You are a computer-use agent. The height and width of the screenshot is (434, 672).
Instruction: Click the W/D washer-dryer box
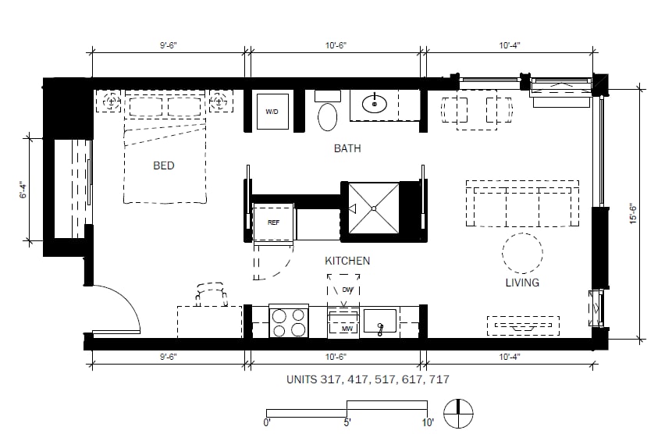pos(272,112)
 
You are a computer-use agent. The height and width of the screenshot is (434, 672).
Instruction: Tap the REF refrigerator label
pos(273,222)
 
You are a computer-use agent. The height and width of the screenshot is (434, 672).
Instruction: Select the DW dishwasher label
pos(347,290)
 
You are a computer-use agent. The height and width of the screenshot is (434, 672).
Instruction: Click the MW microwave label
pos(347,329)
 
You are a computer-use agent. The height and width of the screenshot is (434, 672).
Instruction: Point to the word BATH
pos(347,148)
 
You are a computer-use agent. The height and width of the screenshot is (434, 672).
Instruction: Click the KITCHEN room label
pos(347,261)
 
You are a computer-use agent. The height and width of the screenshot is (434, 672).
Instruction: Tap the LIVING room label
pos(522,283)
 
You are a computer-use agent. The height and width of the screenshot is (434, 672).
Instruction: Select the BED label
pos(164,165)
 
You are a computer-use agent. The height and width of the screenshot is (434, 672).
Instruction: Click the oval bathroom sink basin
pos(375,104)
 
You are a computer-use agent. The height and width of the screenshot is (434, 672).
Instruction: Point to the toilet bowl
pos(328,116)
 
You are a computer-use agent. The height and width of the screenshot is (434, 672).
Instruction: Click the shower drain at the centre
pos(374,208)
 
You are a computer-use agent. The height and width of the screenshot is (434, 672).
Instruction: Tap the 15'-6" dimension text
pos(634,214)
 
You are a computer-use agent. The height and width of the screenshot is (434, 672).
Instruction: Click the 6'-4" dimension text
pos(23,190)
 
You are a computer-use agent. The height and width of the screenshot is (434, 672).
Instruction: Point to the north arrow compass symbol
pos(458,414)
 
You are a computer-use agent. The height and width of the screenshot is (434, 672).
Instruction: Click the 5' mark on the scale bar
pos(347,422)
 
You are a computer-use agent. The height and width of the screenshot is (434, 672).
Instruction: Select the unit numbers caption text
pos(368,379)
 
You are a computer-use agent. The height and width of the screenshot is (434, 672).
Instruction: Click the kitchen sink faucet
pos(380,329)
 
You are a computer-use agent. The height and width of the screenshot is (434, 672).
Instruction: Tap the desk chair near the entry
pos(211,294)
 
